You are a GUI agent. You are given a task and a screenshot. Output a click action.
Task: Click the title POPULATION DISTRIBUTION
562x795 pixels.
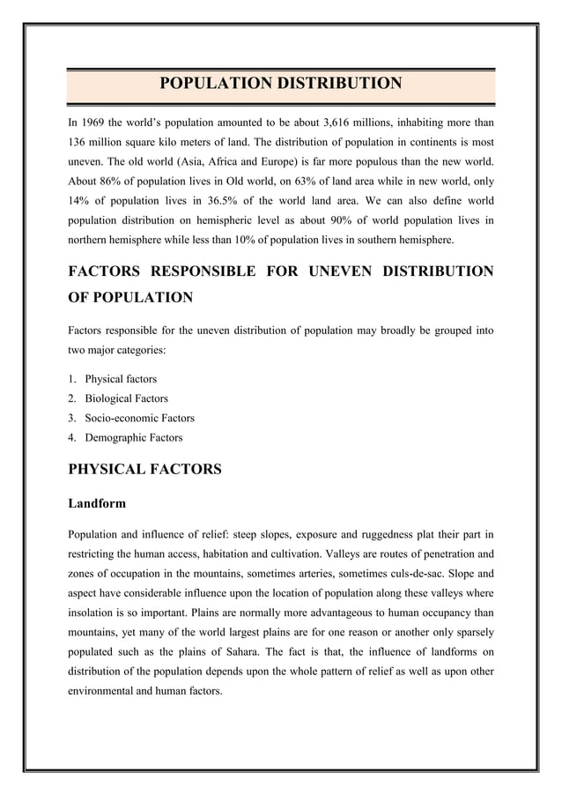pos(280,85)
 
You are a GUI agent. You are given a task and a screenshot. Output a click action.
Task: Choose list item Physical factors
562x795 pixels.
pos(121,379)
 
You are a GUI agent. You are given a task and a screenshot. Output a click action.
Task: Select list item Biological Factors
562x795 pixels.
pos(126,398)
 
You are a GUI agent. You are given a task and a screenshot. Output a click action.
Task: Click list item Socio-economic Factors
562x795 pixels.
pos(139,418)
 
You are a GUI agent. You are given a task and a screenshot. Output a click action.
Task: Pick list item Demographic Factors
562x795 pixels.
pos(134,437)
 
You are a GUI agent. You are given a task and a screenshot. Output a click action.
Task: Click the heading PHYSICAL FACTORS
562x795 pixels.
pos(144,470)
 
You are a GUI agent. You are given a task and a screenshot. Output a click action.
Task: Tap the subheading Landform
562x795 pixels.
pos(97,504)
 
